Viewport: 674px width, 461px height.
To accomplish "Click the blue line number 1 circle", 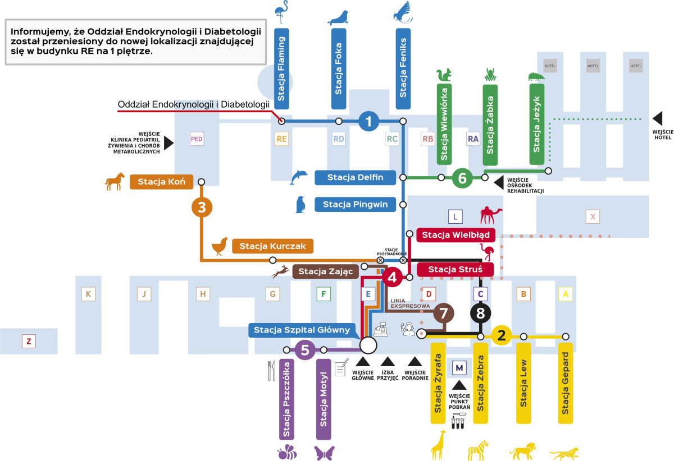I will click(368, 121).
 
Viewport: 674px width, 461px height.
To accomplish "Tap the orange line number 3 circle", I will click(202, 208).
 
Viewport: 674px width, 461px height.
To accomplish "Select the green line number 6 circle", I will click(462, 178).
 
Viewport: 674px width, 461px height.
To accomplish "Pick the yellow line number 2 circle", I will click(501, 336).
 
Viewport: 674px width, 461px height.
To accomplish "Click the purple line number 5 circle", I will click(305, 350).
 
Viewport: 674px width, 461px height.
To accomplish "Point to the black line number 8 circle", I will click(480, 312).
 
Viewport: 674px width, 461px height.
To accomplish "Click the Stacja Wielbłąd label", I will click(456, 234).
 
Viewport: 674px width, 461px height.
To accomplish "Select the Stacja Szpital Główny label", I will click(302, 330).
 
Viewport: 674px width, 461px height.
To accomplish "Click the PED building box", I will click(197, 139).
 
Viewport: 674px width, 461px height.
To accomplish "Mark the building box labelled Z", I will click(29, 340).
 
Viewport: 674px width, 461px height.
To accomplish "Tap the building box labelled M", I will click(459, 368).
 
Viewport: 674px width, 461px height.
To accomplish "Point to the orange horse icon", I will click(115, 181).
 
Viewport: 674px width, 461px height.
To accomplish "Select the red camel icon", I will click(490, 215).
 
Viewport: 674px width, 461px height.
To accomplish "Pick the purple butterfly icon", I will click(325, 452).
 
